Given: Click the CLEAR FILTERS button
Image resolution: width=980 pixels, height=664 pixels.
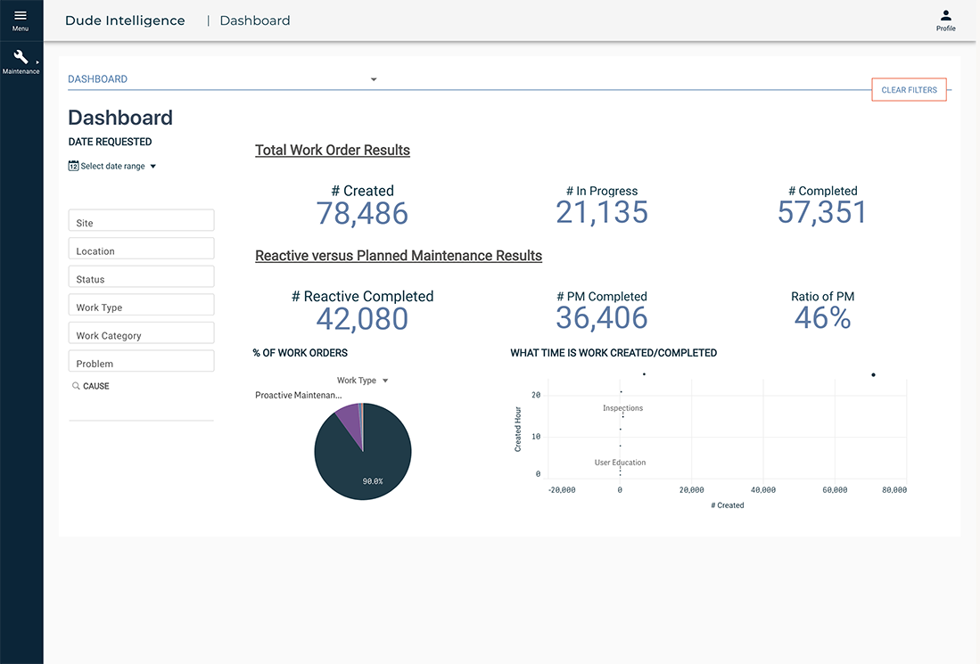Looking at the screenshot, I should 909,90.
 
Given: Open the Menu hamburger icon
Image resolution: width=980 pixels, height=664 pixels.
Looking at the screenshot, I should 21,15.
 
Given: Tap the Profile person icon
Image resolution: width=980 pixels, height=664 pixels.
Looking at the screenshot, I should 946,16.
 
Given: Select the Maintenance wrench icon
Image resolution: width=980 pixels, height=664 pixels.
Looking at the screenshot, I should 21,58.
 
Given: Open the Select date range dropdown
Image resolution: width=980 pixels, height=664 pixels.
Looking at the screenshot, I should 112,166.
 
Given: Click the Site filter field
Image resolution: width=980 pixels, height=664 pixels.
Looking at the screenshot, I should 141,221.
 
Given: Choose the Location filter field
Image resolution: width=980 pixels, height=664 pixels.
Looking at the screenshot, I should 141,250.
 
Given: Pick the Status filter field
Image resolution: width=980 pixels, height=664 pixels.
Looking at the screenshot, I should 141,277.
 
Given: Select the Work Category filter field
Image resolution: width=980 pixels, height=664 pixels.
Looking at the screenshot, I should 141,334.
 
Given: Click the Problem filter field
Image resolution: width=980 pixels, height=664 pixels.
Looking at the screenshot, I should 141,362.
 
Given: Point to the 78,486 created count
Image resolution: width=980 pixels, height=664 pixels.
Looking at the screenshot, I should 362,213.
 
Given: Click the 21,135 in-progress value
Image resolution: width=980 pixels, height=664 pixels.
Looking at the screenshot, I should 602,212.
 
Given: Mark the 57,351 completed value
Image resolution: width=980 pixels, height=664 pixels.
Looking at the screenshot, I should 822,212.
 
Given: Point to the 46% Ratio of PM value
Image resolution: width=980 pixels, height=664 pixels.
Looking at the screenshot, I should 822,318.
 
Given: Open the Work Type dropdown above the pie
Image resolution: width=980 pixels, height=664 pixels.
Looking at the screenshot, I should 362,381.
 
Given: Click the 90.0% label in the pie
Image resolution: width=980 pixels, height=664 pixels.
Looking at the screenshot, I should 372,481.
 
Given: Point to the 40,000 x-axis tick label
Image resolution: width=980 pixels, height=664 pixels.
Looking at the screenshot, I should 762,490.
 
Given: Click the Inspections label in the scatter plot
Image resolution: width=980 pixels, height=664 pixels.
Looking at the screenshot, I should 622,408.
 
